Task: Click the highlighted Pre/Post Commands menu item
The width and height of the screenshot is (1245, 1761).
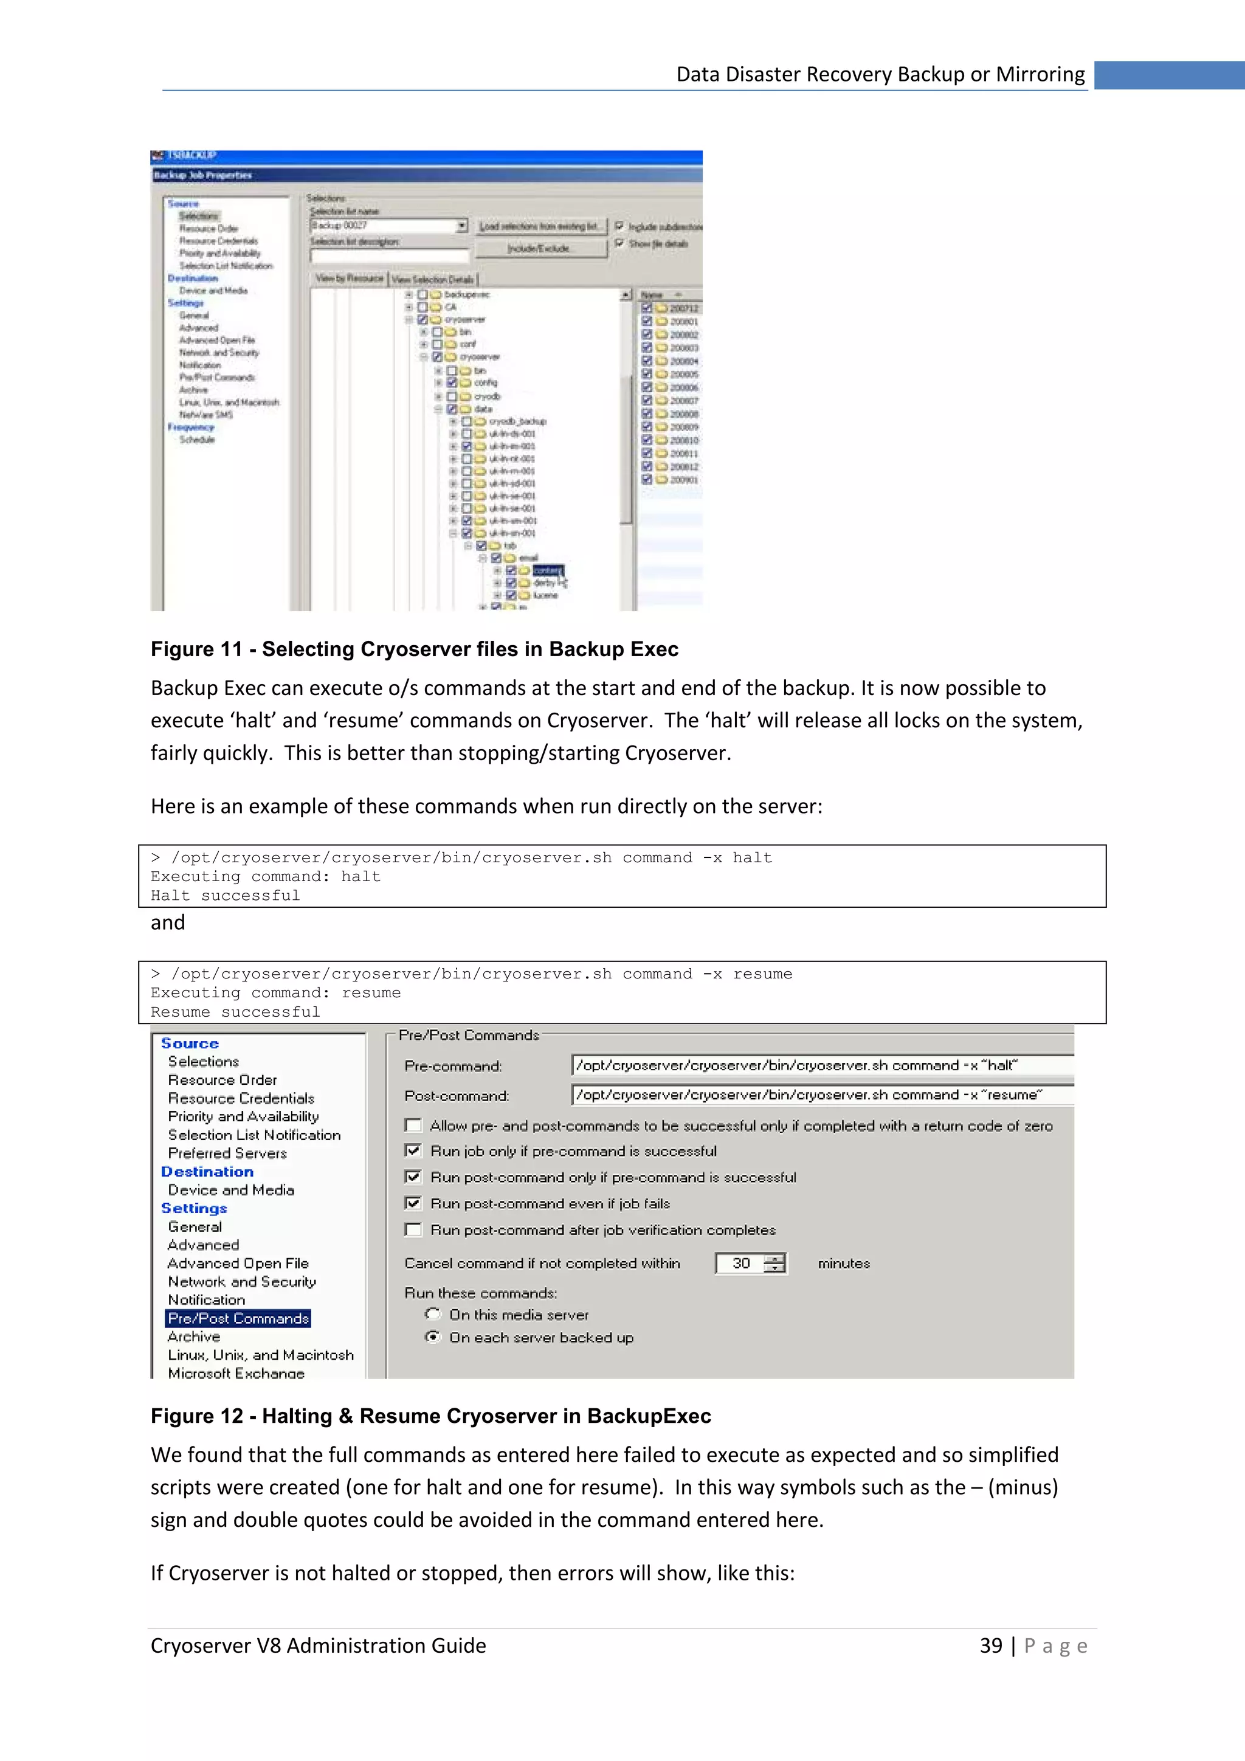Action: coord(238,1318)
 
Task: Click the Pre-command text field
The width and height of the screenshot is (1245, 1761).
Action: coord(820,1065)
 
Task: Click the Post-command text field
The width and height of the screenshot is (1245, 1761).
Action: coord(820,1095)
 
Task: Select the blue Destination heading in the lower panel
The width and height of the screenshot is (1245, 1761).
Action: coord(207,1171)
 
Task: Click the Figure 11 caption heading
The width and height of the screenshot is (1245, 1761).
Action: coord(414,649)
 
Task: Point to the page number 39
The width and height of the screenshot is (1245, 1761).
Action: coord(990,1645)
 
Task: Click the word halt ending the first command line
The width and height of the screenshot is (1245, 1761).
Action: coord(751,857)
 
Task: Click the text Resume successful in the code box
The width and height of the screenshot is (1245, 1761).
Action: coord(235,1012)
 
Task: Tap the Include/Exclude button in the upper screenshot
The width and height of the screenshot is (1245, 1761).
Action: coord(539,249)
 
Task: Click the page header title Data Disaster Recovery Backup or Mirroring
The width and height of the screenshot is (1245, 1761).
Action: coord(880,74)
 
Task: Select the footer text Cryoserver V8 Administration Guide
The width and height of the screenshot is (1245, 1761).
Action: coord(318,1645)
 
